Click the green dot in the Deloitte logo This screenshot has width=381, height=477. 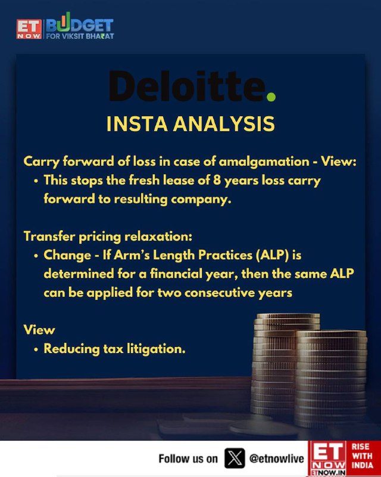[271, 97]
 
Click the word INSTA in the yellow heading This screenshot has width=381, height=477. [137, 124]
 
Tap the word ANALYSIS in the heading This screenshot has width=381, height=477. [224, 124]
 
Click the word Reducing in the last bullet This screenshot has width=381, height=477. [71, 349]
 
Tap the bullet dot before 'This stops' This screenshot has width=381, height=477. [36, 181]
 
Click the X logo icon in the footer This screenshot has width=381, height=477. [235, 458]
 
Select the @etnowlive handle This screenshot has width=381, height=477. [276, 459]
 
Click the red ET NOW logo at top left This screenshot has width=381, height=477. [29, 29]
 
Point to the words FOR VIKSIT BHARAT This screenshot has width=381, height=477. [80, 36]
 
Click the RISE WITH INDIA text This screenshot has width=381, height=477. [363, 456]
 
